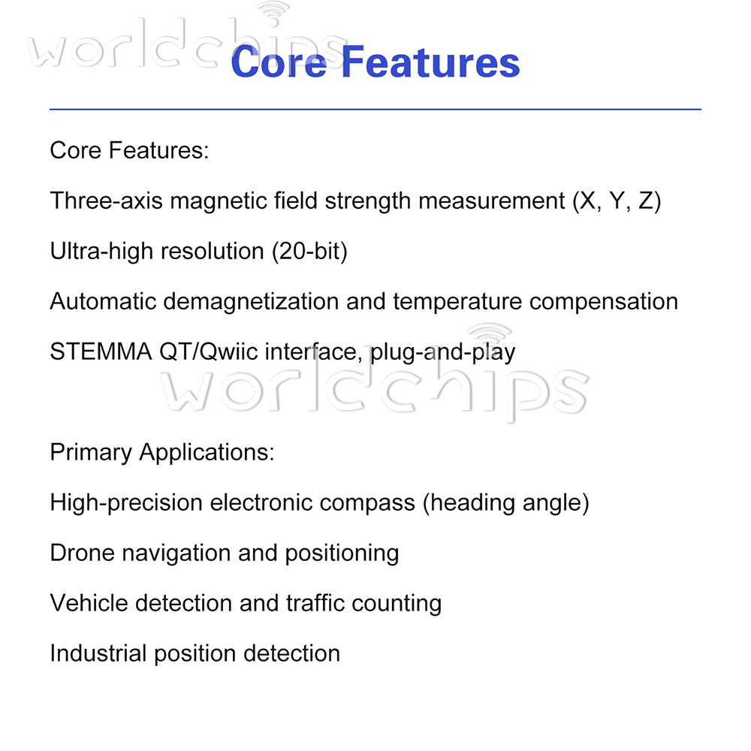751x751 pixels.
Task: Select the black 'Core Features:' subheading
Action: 128,150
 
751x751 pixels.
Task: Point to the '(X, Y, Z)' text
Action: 616,201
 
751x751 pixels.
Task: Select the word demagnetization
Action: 252,301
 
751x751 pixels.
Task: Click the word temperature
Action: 457,301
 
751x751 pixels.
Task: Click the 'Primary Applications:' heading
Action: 162,452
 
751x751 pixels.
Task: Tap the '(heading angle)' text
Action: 505,502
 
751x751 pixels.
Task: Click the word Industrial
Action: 98,653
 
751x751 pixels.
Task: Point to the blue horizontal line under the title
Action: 375,110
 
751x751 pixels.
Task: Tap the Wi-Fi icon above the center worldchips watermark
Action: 489,336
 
